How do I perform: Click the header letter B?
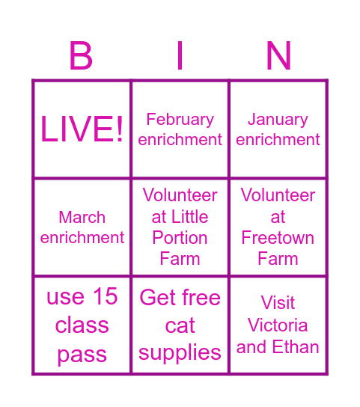point(81,56)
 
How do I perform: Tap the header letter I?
point(180,56)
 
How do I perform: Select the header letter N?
point(278,56)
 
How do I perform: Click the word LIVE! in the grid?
point(82,129)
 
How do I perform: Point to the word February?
point(180,119)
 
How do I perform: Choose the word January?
point(278,119)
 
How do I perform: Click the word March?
point(82,217)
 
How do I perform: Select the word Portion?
point(180,238)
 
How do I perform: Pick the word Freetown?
point(278,238)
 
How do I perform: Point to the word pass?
point(82,355)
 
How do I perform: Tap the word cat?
point(180,325)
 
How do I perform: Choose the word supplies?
point(180,353)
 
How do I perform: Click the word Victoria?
point(278,325)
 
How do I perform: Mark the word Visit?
point(278,303)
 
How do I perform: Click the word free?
point(201,297)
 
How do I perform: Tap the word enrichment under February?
point(180,140)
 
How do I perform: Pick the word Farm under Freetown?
point(278,259)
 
